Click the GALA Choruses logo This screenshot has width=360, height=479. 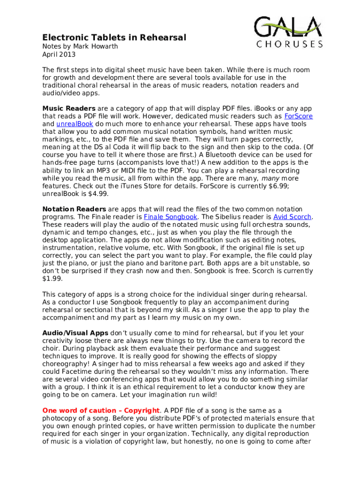288,32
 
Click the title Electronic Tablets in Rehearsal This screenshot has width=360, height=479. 114,37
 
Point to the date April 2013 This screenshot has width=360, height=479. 58,54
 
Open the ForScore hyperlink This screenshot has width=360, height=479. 298,116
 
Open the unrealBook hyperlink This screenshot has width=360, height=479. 74,124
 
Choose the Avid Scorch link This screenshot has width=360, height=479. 292,217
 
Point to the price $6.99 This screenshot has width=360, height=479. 289,186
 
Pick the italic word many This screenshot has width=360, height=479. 270,178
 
